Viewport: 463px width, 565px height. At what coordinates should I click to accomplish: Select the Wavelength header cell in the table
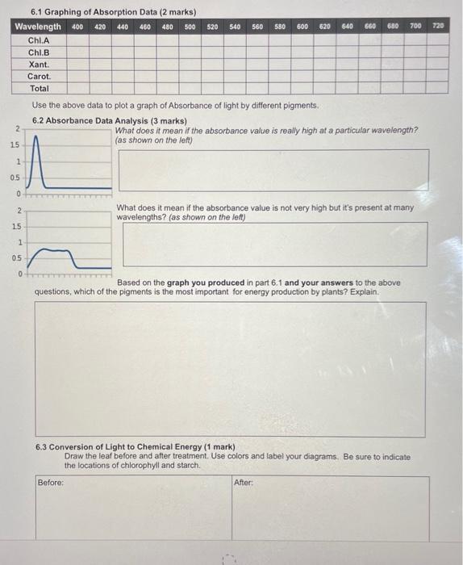click(x=38, y=27)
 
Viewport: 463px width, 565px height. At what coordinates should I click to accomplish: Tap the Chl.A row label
click(x=39, y=40)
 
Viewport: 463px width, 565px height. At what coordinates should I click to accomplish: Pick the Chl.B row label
click(x=39, y=52)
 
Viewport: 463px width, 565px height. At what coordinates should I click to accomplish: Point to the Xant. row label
click(x=39, y=64)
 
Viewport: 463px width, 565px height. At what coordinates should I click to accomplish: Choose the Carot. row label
click(x=39, y=76)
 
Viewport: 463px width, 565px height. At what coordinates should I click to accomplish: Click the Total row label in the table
click(x=39, y=88)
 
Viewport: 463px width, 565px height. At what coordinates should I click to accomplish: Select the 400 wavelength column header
click(x=77, y=27)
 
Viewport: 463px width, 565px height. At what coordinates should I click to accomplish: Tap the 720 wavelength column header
click(x=438, y=27)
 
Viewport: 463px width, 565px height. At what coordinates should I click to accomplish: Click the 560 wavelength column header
click(x=257, y=27)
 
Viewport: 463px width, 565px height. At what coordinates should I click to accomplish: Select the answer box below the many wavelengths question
click(x=275, y=244)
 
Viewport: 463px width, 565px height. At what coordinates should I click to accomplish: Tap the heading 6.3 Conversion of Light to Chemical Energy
click(x=136, y=447)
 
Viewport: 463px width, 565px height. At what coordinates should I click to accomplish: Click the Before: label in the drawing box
click(x=50, y=483)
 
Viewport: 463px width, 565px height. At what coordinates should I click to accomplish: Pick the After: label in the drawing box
click(x=244, y=483)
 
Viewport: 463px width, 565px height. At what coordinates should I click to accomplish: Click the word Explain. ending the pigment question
click(x=364, y=291)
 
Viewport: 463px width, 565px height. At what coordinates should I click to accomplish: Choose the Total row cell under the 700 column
click(x=415, y=88)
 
